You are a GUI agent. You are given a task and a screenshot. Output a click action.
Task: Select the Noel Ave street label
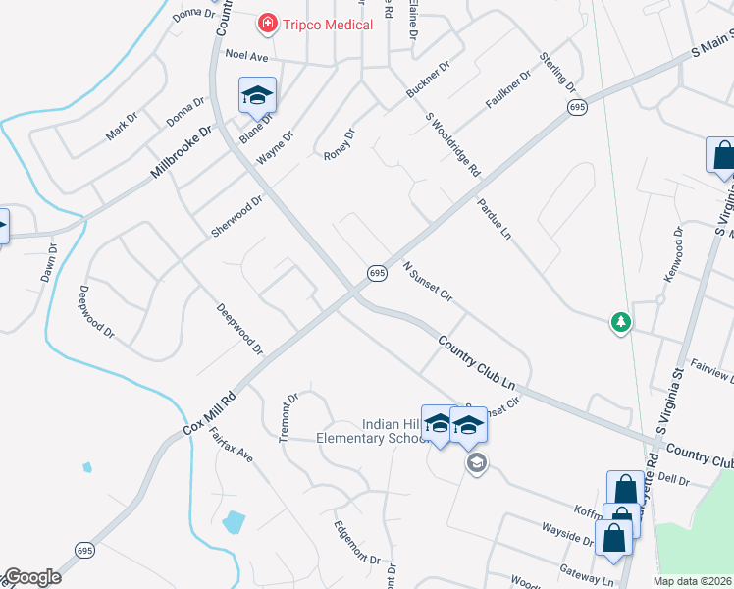tap(246, 56)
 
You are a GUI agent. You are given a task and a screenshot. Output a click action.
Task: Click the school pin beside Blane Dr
tap(258, 94)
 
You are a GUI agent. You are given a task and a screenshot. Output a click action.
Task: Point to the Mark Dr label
tap(123, 126)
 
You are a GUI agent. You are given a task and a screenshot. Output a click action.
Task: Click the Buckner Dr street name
tap(428, 81)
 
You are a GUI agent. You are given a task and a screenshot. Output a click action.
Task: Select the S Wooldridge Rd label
tap(452, 144)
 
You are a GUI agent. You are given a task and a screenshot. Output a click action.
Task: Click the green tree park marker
tap(620, 321)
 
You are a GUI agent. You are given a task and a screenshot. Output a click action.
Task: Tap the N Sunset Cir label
tap(427, 282)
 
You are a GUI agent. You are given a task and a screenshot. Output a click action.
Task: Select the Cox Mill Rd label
tap(209, 415)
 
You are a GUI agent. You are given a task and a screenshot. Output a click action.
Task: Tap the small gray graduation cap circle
tap(477, 462)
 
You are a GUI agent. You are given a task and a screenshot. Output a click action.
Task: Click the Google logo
tap(32, 577)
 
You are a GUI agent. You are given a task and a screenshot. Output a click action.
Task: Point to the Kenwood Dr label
tap(672, 255)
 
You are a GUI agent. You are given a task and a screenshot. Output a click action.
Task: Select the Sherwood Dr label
tap(236, 217)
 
